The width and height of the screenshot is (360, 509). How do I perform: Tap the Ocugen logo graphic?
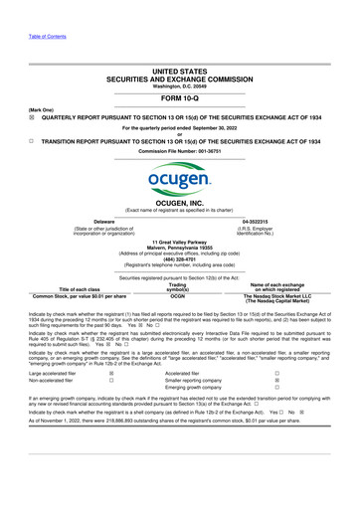pyautogui.click(x=179, y=181)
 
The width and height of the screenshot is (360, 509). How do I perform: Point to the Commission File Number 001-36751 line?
pyautogui.click(x=179, y=152)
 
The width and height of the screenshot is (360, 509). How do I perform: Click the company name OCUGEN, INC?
pyautogui.click(x=179, y=203)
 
